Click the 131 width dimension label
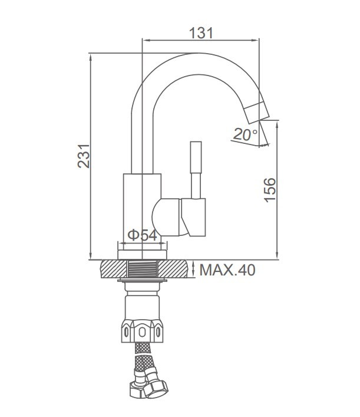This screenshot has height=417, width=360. tap(201, 32)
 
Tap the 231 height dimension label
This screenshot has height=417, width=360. tap(84, 156)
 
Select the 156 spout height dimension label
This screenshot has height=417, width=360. tap(270, 190)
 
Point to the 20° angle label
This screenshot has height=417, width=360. tap(245, 134)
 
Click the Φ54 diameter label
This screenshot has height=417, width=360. tap(143, 235)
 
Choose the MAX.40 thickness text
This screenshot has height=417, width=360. tap(227, 270)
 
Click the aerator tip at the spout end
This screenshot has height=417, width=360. tap(257, 113)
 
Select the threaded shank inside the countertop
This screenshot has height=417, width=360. tap(143, 269)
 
